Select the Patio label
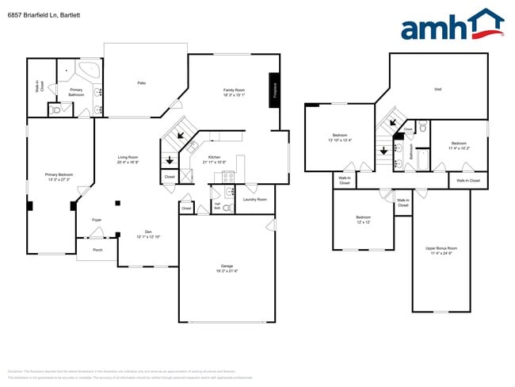point(142,82)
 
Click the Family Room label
point(234,92)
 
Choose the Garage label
point(227,267)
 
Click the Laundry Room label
point(254,199)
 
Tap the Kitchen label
point(215,158)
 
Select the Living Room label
point(128,158)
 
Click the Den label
point(148,232)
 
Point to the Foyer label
point(97,220)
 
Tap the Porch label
point(97,250)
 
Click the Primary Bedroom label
point(58,175)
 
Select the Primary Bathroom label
point(76,92)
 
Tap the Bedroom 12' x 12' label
point(363,219)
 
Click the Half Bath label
point(216,206)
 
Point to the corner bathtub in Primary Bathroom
point(88,68)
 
